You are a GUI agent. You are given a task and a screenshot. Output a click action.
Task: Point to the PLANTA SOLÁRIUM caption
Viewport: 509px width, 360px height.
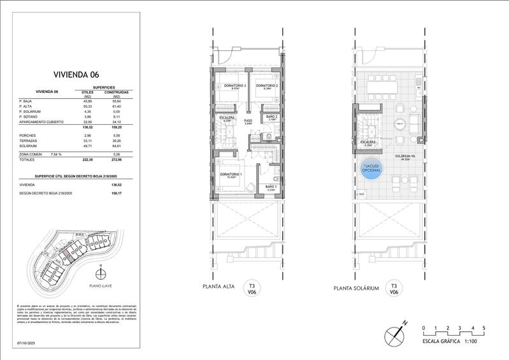click(x=357, y=288)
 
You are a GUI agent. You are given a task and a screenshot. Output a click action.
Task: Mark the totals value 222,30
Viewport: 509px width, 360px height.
click(x=87, y=160)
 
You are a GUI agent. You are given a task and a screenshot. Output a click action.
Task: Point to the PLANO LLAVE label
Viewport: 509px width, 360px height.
click(x=101, y=286)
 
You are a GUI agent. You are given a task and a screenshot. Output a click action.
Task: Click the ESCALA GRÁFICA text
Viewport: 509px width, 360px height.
click(x=444, y=342)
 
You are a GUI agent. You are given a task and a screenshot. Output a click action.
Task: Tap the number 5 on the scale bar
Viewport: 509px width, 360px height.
click(x=484, y=327)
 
